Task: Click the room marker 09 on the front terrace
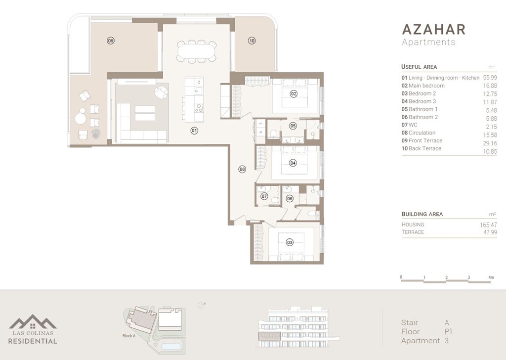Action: pos(110,41)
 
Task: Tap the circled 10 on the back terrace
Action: pos(252,41)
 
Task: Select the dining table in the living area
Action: pos(197,50)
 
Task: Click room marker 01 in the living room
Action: pos(194,131)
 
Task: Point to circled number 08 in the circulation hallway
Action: pos(242,169)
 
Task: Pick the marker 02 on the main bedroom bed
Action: pos(293,93)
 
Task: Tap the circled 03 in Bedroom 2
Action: pos(290,242)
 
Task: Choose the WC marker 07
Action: pos(264,196)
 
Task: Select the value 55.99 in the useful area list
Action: pos(490,78)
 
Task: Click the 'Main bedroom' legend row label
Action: pos(426,86)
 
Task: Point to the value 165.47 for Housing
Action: pos(488,225)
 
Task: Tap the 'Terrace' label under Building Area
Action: pos(413,232)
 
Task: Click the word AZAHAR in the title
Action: pos(433,29)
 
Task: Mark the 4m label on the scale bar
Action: pos(491,277)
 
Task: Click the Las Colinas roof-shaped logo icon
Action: pos(33,322)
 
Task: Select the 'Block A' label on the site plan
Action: pos(128,336)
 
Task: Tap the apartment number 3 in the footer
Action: pos(447,340)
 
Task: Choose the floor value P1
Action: pos(449,331)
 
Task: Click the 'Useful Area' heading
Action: pos(419,67)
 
